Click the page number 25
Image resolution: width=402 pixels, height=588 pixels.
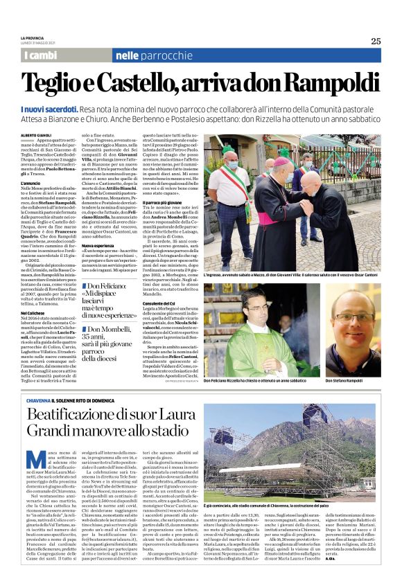click(375, 41)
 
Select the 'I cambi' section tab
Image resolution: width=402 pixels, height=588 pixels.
click(41, 55)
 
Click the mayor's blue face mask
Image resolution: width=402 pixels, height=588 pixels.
click(231, 166)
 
